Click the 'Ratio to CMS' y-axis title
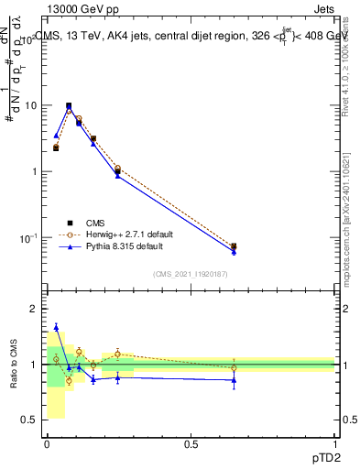pyautogui.click(x=14, y=365)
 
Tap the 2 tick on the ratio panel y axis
pyautogui.click(x=37, y=309)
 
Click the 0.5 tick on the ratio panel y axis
pyautogui.click(x=33, y=420)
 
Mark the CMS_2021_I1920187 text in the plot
pyautogui.click(x=191, y=274)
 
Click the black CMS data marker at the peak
pyautogui.click(x=69, y=105)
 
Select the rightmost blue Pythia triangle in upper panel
pyautogui.click(x=234, y=251)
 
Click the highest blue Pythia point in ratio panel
pyautogui.click(x=56, y=327)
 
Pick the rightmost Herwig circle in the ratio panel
pyautogui.click(x=234, y=368)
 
